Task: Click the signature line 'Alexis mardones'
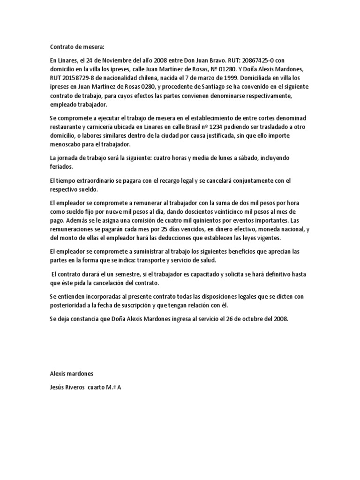coord(72,374)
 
